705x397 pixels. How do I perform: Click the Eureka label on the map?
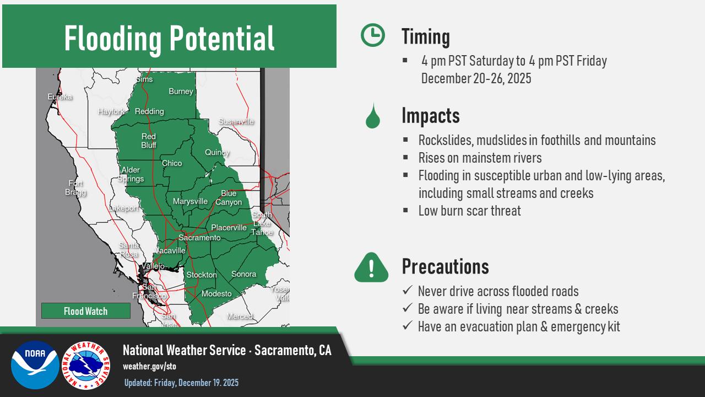tap(60, 97)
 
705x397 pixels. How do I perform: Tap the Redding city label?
tap(149, 111)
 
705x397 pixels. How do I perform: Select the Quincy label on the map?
tap(217, 152)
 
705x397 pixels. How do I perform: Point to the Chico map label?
tap(172, 163)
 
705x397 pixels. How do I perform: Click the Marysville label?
tap(190, 201)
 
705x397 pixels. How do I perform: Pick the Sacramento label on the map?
tap(199, 238)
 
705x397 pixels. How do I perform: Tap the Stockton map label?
tap(202, 275)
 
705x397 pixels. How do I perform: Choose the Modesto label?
tap(216, 294)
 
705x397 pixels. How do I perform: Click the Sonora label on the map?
tap(243, 274)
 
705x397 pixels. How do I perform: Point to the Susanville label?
tap(236, 121)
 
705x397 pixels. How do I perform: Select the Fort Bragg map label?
tap(76, 187)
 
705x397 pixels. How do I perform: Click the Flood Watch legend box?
tap(86, 311)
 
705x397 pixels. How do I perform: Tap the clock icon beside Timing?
tap(373, 35)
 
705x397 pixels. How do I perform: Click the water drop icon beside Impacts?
tap(372, 116)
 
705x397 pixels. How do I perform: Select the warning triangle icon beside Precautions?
tap(372, 267)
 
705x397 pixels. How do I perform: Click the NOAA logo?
tap(35, 365)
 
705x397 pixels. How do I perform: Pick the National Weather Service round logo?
tap(85, 365)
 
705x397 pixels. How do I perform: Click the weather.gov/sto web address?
tap(149, 366)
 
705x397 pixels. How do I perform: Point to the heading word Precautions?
tap(445, 266)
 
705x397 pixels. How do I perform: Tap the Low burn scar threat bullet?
tap(469, 211)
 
